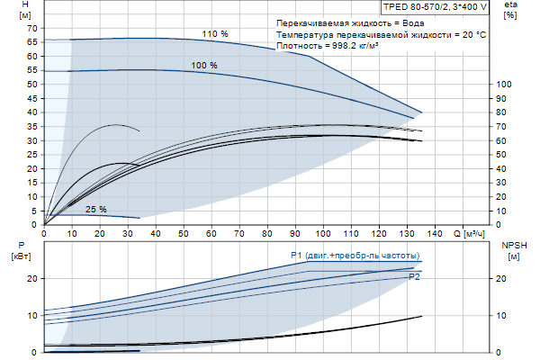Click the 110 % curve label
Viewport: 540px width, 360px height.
(x=215, y=33)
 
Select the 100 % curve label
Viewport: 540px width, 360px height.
(x=204, y=65)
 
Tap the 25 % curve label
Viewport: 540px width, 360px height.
(x=96, y=210)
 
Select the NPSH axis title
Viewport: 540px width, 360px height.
(x=510, y=246)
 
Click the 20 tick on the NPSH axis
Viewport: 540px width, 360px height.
(x=502, y=279)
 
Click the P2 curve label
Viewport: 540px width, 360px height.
(x=414, y=277)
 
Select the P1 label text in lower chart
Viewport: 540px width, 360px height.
(x=296, y=256)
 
